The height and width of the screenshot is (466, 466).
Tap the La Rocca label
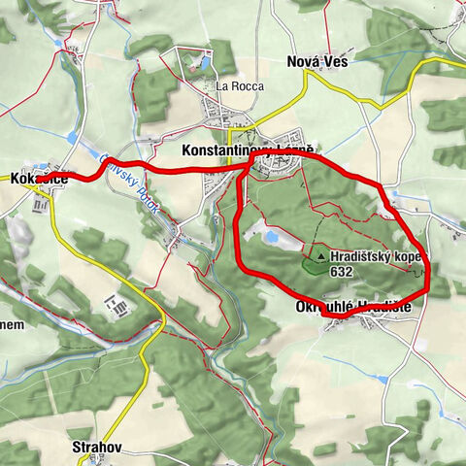click(235, 85)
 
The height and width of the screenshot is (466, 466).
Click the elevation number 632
click(342, 273)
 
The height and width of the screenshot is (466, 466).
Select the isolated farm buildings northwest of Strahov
click(121, 307)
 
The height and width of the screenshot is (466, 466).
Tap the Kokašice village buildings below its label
click(41, 198)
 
